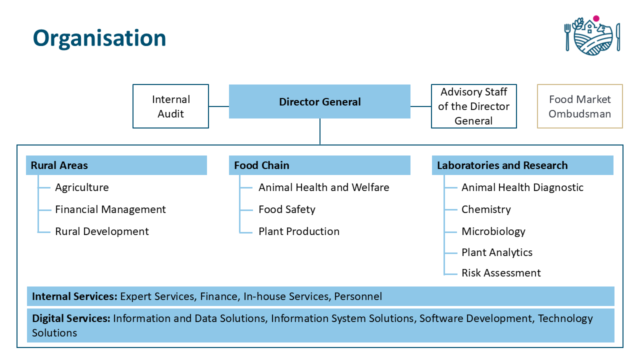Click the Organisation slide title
pyautogui.click(x=99, y=38)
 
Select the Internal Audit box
pyautogui.click(x=170, y=106)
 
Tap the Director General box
pyautogui.click(x=319, y=102)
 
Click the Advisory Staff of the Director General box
pyautogui.click(x=473, y=106)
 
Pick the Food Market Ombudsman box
pyautogui.click(x=579, y=106)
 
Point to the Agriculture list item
pyautogui.click(x=82, y=187)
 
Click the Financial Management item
pyautogui.click(x=110, y=209)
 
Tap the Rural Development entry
pyautogui.click(x=102, y=231)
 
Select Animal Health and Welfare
pyautogui.click(x=323, y=187)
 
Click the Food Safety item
pyautogui.click(x=287, y=209)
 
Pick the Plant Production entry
pyautogui.click(x=299, y=231)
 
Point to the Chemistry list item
pyautogui.click(x=486, y=209)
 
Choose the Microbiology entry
pyautogui.click(x=493, y=231)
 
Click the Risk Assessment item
pyautogui.click(x=501, y=273)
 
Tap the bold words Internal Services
pyautogui.click(x=74, y=296)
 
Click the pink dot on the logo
pyautogui.click(x=596, y=18)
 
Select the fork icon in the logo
pyautogui.click(x=567, y=36)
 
